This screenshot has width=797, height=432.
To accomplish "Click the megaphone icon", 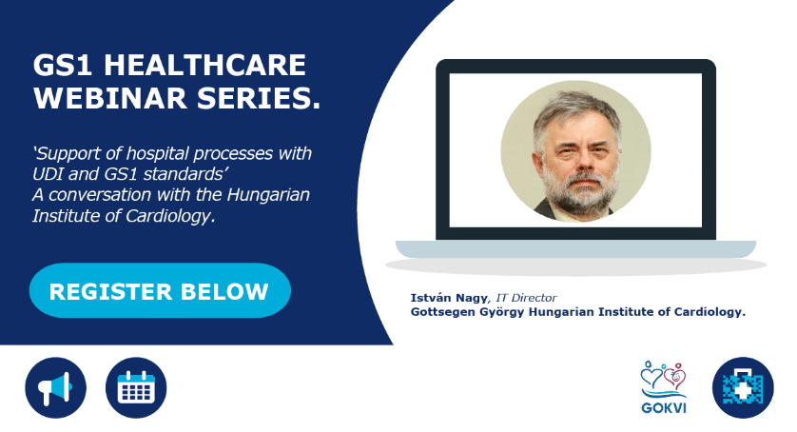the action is tap(55, 387).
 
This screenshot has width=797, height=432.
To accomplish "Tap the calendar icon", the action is tap(136, 387).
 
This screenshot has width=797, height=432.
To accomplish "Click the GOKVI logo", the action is tap(663, 386).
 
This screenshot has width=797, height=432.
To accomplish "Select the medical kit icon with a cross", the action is tap(743, 387).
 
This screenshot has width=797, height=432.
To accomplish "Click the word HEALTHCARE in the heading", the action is tap(204, 65).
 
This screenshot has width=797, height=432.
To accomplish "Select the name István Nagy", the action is tap(449, 298).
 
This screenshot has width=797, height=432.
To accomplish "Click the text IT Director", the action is tap(527, 298).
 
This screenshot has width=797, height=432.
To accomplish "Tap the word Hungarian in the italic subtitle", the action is tap(268, 194).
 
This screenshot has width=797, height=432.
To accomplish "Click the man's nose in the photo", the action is tap(580, 161).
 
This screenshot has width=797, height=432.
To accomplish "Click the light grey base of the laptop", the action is tap(575, 248).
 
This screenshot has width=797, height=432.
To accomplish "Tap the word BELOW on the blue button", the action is tap(224, 291).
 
